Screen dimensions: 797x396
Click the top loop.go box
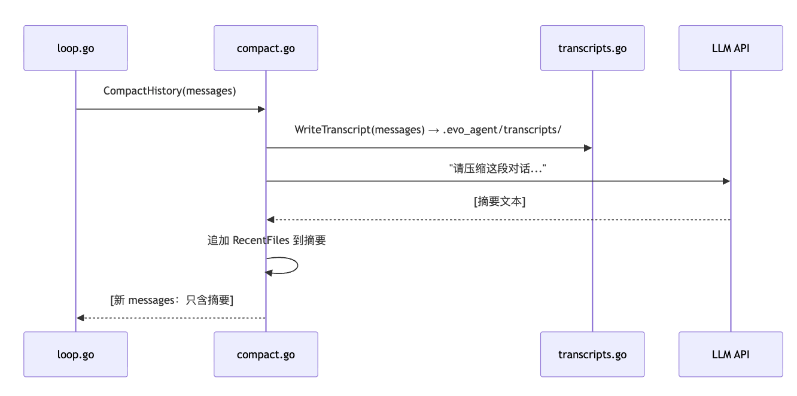(75, 48)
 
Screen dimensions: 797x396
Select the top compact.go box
(266, 48)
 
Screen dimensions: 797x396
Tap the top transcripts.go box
(592, 48)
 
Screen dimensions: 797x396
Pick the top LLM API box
(731, 48)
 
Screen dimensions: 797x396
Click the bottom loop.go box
(75, 354)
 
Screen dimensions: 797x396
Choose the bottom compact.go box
(266, 354)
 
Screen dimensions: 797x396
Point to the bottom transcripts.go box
(592, 354)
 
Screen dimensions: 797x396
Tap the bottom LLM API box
(731, 354)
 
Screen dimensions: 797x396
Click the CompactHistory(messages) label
(170, 91)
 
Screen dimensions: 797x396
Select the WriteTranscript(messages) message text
(360, 130)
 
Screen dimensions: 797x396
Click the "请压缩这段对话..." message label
(497, 168)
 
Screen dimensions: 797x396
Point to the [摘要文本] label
(500, 202)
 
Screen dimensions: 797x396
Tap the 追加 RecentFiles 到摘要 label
(266, 240)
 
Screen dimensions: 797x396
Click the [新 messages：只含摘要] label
(172, 300)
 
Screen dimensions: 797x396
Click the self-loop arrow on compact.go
(297, 266)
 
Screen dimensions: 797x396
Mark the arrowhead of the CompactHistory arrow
(261, 109)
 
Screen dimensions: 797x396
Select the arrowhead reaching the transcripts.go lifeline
(588, 148)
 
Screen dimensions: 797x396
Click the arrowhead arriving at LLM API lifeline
(726, 181)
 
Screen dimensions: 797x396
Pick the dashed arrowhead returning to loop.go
(80, 318)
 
